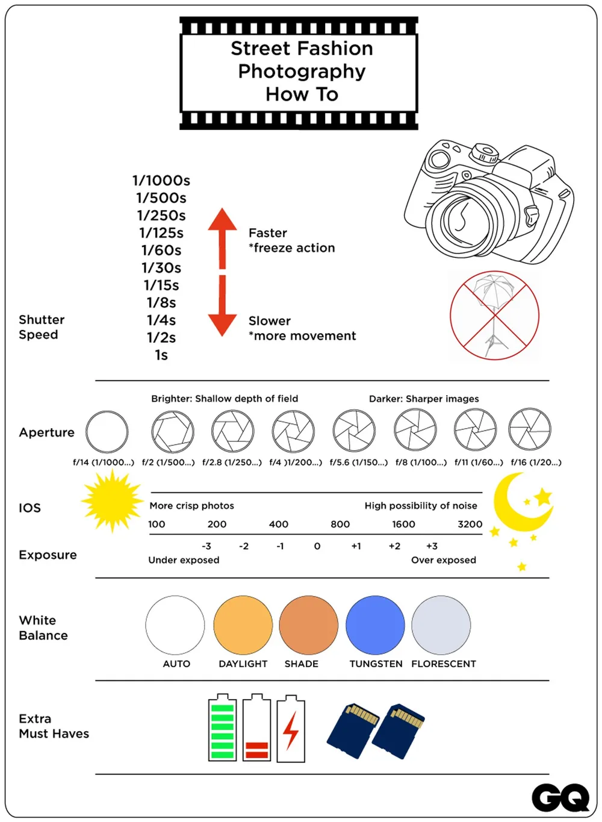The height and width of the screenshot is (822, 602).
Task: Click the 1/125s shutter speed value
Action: (x=161, y=233)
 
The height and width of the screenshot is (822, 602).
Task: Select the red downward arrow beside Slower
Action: (x=222, y=307)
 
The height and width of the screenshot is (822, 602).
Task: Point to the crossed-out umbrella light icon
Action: (x=494, y=316)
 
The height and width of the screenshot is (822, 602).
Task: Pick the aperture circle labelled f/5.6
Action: (x=354, y=431)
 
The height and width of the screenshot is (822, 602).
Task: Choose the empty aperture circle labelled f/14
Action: (x=107, y=432)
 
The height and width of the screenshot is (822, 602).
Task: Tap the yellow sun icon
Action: (x=112, y=500)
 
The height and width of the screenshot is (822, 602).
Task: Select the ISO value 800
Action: (x=340, y=525)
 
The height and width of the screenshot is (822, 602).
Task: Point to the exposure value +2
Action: (x=394, y=546)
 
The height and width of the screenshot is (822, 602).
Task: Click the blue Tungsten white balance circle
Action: (x=375, y=625)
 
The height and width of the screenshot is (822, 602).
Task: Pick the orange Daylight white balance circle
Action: (x=243, y=625)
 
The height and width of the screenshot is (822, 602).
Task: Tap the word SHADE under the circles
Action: (x=302, y=664)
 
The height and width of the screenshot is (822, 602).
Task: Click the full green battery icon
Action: (x=222, y=728)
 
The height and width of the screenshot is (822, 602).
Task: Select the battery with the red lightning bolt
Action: (x=291, y=729)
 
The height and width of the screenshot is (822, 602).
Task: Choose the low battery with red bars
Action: (x=256, y=729)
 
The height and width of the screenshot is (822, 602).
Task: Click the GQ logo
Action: (x=560, y=798)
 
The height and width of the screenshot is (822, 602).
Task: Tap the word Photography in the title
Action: (x=302, y=71)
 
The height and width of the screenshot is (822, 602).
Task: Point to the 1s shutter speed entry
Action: (x=161, y=355)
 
